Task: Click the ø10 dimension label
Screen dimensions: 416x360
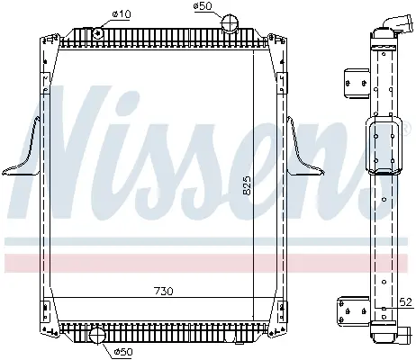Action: [x=122, y=13]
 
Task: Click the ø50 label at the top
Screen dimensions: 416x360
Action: [x=203, y=5]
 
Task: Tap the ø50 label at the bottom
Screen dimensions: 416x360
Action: [x=123, y=352]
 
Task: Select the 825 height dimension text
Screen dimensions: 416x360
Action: [x=247, y=185]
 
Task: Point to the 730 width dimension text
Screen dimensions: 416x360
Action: [x=164, y=291]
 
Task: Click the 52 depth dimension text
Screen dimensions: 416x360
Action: [x=405, y=302]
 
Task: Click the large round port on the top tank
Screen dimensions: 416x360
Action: [x=230, y=22]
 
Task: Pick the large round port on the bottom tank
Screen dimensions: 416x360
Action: [x=97, y=336]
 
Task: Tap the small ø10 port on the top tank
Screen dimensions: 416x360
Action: [x=98, y=32]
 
